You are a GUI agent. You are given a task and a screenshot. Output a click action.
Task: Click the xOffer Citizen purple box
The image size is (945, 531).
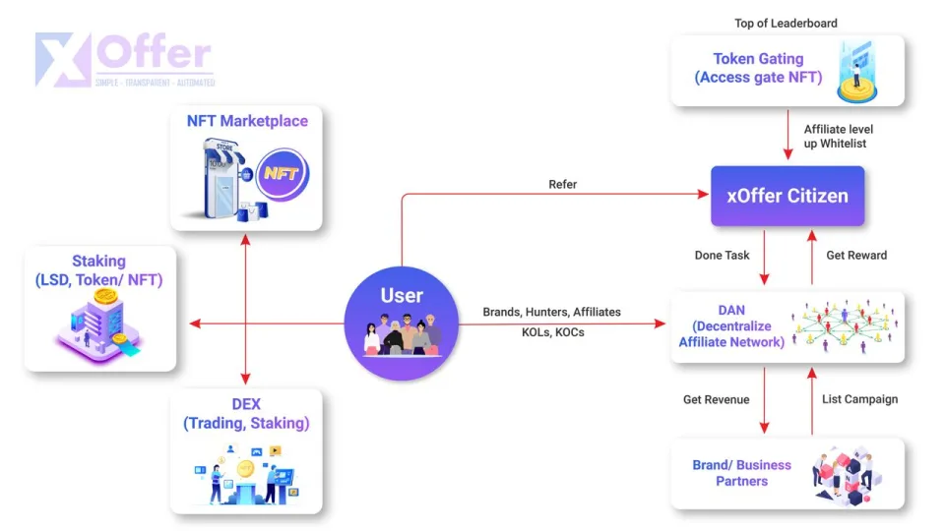point(787,196)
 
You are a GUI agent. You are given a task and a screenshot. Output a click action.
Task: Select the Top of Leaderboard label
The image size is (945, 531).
point(787,23)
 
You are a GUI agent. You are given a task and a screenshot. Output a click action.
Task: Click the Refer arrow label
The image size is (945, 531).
point(562,184)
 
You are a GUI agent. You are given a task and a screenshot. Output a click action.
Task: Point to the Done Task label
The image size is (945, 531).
point(722,256)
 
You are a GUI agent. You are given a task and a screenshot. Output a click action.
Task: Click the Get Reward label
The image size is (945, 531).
point(856,256)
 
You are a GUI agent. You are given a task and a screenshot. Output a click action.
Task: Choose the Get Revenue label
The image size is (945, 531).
point(716,399)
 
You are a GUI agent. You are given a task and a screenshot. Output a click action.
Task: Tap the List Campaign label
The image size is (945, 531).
point(859,399)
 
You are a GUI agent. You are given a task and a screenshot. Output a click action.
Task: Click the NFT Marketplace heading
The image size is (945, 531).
point(247,121)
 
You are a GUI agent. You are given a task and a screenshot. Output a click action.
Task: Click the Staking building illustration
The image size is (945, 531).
point(95,324)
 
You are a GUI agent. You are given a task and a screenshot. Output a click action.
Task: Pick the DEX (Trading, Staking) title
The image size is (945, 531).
point(246,414)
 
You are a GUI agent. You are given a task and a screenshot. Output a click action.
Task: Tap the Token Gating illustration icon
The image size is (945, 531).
point(856,71)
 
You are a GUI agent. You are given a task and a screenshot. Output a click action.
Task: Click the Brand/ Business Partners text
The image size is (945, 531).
point(741,473)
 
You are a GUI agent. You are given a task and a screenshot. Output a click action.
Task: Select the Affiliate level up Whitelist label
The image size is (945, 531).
point(838,136)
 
